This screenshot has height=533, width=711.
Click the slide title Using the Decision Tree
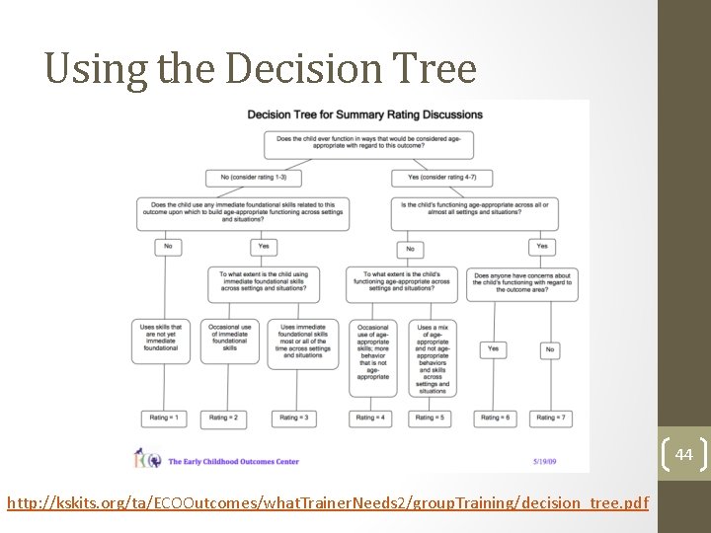tap(261, 68)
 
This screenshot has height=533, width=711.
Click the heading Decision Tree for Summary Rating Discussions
tap(364, 114)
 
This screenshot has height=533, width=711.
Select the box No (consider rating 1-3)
tap(254, 178)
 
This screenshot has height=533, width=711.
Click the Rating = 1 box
tap(163, 418)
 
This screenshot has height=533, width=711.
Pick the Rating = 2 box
tap(229, 418)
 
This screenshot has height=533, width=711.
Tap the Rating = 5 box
tap(433, 418)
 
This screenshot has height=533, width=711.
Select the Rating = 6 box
tap(493, 418)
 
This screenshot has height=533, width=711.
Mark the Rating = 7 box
tap(550, 418)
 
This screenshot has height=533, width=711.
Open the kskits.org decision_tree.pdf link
tap(328, 503)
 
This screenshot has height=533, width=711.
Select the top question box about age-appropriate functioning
tap(367, 144)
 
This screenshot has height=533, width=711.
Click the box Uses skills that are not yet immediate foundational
tap(162, 341)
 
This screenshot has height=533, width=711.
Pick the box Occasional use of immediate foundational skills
tap(229, 337)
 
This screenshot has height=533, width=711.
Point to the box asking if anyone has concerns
tap(523, 283)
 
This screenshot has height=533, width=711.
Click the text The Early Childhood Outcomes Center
tap(233, 461)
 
